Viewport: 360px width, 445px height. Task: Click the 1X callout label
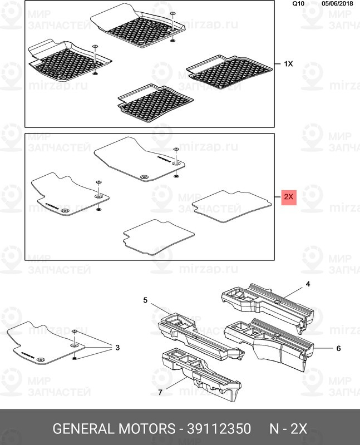click(288, 64)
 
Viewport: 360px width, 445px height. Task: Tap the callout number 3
click(117, 348)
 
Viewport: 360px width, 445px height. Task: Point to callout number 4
click(307, 284)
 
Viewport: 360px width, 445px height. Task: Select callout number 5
click(145, 300)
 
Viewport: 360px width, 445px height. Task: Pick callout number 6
click(338, 349)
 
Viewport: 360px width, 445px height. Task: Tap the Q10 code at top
click(299, 3)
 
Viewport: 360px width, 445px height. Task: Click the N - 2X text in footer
click(288, 429)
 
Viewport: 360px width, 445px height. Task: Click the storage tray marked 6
click(267, 342)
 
